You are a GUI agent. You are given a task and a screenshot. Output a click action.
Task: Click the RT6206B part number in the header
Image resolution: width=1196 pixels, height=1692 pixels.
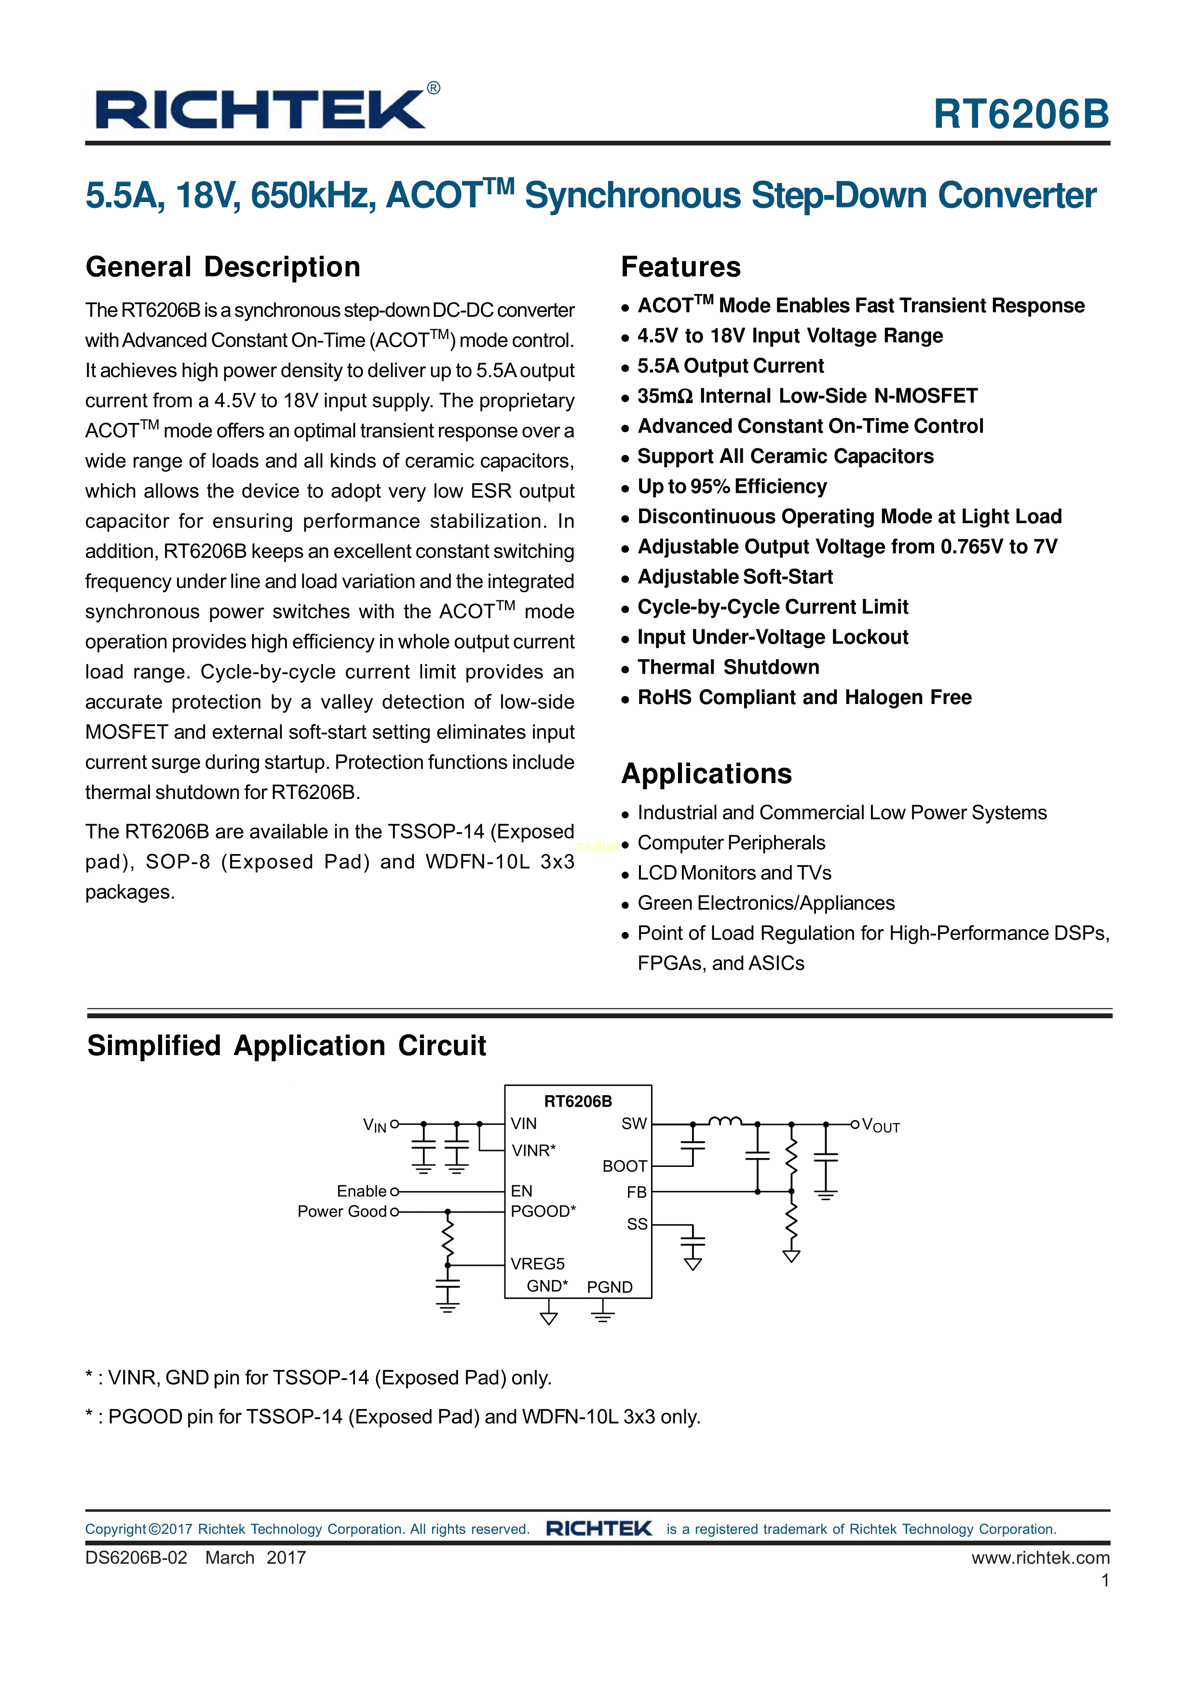tap(1020, 114)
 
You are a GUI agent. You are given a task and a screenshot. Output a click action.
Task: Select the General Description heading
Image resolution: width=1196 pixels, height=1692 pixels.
tap(222, 267)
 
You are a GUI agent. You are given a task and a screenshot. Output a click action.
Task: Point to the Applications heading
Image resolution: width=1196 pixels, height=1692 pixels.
tap(706, 774)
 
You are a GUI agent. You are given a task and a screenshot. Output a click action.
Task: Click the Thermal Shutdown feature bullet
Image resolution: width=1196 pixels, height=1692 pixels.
tap(728, 667)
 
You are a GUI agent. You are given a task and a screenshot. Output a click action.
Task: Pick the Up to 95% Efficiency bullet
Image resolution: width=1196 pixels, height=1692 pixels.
tap(732, 487)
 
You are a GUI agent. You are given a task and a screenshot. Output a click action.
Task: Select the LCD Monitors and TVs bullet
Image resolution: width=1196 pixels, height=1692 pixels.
tap(734, 873)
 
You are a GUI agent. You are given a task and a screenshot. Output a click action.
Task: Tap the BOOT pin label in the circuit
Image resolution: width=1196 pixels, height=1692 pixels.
tap(624, 1166)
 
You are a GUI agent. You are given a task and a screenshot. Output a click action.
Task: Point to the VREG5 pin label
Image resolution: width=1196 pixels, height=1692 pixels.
tap(537, 1264)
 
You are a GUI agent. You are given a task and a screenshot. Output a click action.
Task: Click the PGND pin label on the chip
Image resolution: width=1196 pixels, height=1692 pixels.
tap(610, 1286)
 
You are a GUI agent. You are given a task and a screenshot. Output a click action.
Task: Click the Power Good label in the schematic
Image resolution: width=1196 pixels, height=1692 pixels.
tap(342, 1212)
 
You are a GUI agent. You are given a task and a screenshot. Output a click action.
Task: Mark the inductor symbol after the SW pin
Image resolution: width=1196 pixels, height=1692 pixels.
tap(725, 1121)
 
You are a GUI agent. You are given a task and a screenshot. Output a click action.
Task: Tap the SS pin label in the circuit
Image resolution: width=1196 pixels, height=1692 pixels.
tap(637, 1224)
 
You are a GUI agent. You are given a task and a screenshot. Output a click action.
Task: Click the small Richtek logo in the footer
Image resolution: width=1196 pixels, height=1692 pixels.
tap(598, 1529)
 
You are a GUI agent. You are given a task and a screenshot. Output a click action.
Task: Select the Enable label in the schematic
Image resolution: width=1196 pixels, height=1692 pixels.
tap(361, 1191)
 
